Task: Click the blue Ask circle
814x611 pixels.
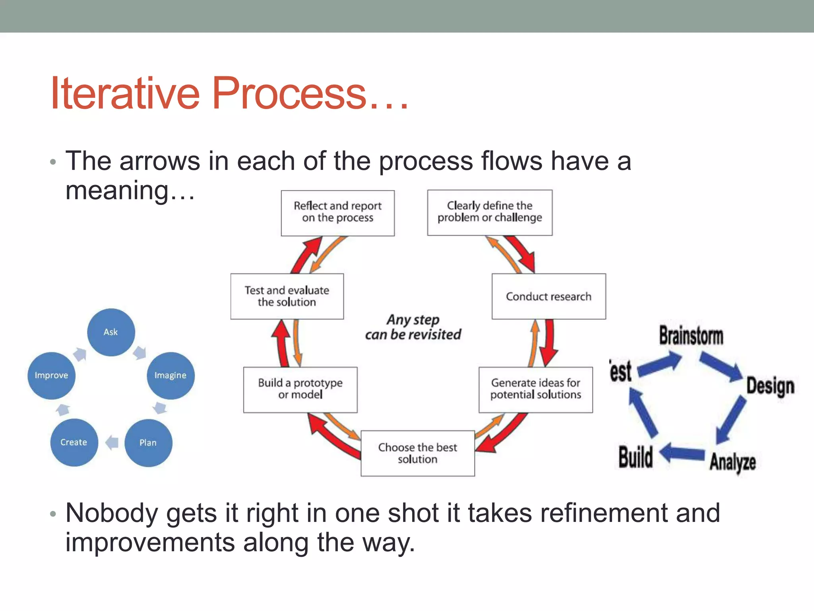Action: [x=111, y=332]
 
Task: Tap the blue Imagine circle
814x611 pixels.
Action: [x=171, y=376]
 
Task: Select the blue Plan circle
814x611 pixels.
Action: [x=148, y=443]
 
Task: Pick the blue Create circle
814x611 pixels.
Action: [x=74, y=442]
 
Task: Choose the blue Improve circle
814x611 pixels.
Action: [x=51, y=376]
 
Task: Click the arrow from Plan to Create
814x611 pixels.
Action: [x=112, y=442]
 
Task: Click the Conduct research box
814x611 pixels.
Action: [x=548, y=296]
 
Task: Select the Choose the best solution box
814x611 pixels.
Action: [x=417, y=453]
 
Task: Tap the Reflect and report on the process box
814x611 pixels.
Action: [x=337, y=212]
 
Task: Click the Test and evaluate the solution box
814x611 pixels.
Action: [x=287, y=296]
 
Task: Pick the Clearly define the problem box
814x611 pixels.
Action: [x=490, y=212]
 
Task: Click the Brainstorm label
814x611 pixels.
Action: [x=691, y=335]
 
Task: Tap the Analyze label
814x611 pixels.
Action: [x=733, y=462]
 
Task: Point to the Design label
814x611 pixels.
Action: [x=770, y=386]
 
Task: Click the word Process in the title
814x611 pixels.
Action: [x=289, y=93]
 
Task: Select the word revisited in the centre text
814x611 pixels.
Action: [x=434, y=335]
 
